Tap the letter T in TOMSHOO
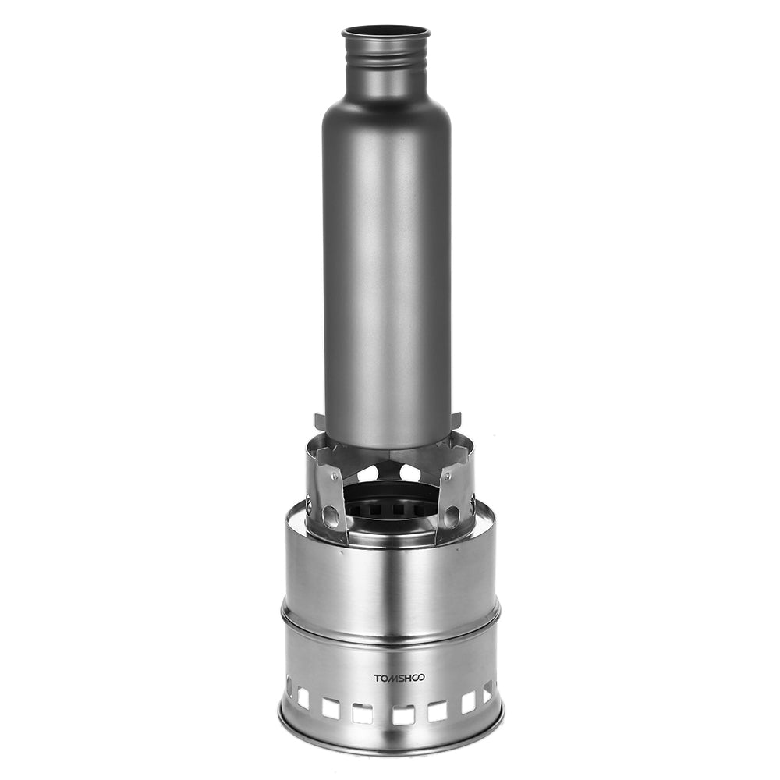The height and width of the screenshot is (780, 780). coord(377,677)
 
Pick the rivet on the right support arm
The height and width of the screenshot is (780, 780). coord(448,476)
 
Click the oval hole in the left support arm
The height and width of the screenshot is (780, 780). coord(330,514)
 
